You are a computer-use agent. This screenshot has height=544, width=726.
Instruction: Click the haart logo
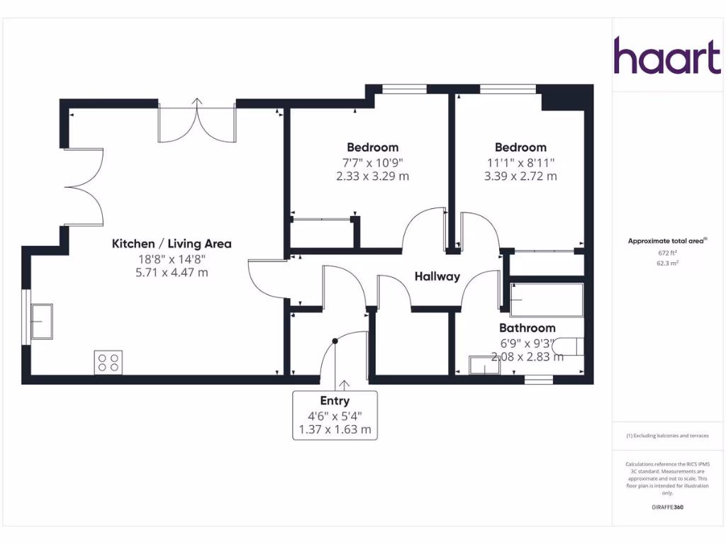click(x=666, y=56)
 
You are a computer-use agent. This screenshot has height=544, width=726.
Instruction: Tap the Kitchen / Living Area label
click(x=172, y=244)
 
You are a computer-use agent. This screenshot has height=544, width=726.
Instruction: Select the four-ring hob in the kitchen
click(x=108, y=362)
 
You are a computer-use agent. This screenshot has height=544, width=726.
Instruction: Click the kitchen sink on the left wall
click(x=40, y=322)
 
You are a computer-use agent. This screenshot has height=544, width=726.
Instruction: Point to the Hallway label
click(x=437, y=276)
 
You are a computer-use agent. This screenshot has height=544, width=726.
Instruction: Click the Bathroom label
click(x=527, y=328)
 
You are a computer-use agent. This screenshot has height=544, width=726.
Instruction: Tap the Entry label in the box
click(x=335, y=401)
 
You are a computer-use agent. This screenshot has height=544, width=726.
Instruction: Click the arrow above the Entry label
click(x=345, y=385)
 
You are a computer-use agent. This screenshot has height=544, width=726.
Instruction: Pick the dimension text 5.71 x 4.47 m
click(x=172, y=272)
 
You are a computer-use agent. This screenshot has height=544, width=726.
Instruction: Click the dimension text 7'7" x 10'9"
click(x=372, y=162)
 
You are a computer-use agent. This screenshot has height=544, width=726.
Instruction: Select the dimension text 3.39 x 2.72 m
click(x=520, y=176)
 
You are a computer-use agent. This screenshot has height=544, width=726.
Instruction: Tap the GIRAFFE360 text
click(x=667, y=507)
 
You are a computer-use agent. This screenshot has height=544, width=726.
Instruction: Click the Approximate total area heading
click(x=667, y=241)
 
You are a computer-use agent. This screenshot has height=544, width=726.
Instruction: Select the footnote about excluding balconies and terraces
click(x=667, y=436)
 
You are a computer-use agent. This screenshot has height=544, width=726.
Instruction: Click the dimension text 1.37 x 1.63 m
click(x=335, y=429)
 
